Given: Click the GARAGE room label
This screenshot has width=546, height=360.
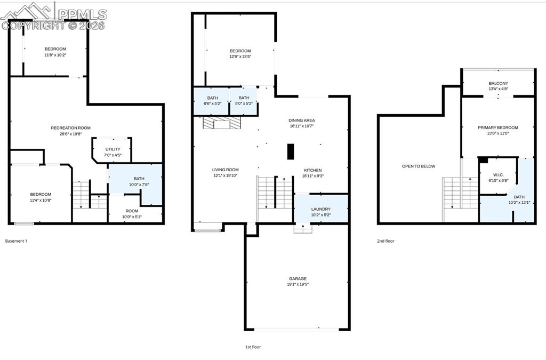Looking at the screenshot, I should point(298,278).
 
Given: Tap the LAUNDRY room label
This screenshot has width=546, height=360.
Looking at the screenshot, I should point(320,209).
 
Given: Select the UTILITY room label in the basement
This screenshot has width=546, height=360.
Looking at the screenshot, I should point(113,149).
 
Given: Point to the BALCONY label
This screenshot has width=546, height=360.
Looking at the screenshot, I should point(498,83).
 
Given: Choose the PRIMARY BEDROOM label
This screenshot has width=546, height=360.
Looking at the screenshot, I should point(497,127).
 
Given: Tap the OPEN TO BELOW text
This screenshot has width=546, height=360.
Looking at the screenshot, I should point(418,166).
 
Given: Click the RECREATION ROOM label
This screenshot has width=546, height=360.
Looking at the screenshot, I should point(70,127).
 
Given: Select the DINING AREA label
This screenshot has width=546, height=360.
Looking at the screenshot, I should point(302,121).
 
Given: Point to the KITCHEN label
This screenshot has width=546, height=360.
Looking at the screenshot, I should point(313,170).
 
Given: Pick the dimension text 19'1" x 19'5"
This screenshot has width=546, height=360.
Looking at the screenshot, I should point(298,284).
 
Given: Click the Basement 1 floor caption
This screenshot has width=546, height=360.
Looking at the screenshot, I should point(16,241).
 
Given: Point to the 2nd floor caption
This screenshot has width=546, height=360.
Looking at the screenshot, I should point(386,241).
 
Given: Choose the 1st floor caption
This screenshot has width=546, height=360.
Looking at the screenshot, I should point(253,347).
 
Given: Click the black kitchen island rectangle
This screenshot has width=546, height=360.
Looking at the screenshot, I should point(290,151).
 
